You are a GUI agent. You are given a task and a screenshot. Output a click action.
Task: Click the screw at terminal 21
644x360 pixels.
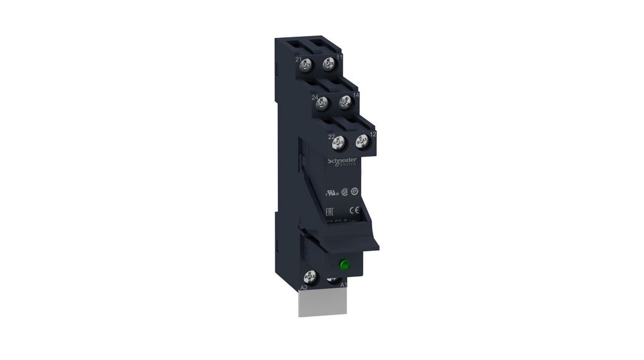click(307, 63)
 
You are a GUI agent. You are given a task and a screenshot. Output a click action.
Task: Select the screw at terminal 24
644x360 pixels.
click(323, 103)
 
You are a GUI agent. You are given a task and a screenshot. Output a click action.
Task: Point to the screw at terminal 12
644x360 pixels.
click(362, 140)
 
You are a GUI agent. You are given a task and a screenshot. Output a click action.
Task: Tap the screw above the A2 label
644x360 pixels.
click(310, 276)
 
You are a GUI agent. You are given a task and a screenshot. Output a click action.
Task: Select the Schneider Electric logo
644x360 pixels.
click(341, 162)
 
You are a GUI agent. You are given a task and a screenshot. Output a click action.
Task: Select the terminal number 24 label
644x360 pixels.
click(314, 97)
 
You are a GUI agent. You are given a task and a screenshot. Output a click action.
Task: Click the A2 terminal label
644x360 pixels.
click(304, 287)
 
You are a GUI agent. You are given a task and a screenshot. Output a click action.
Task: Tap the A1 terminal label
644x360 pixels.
click(344, 285)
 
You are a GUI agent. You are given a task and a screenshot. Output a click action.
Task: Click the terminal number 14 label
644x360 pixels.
click(356, 95)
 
